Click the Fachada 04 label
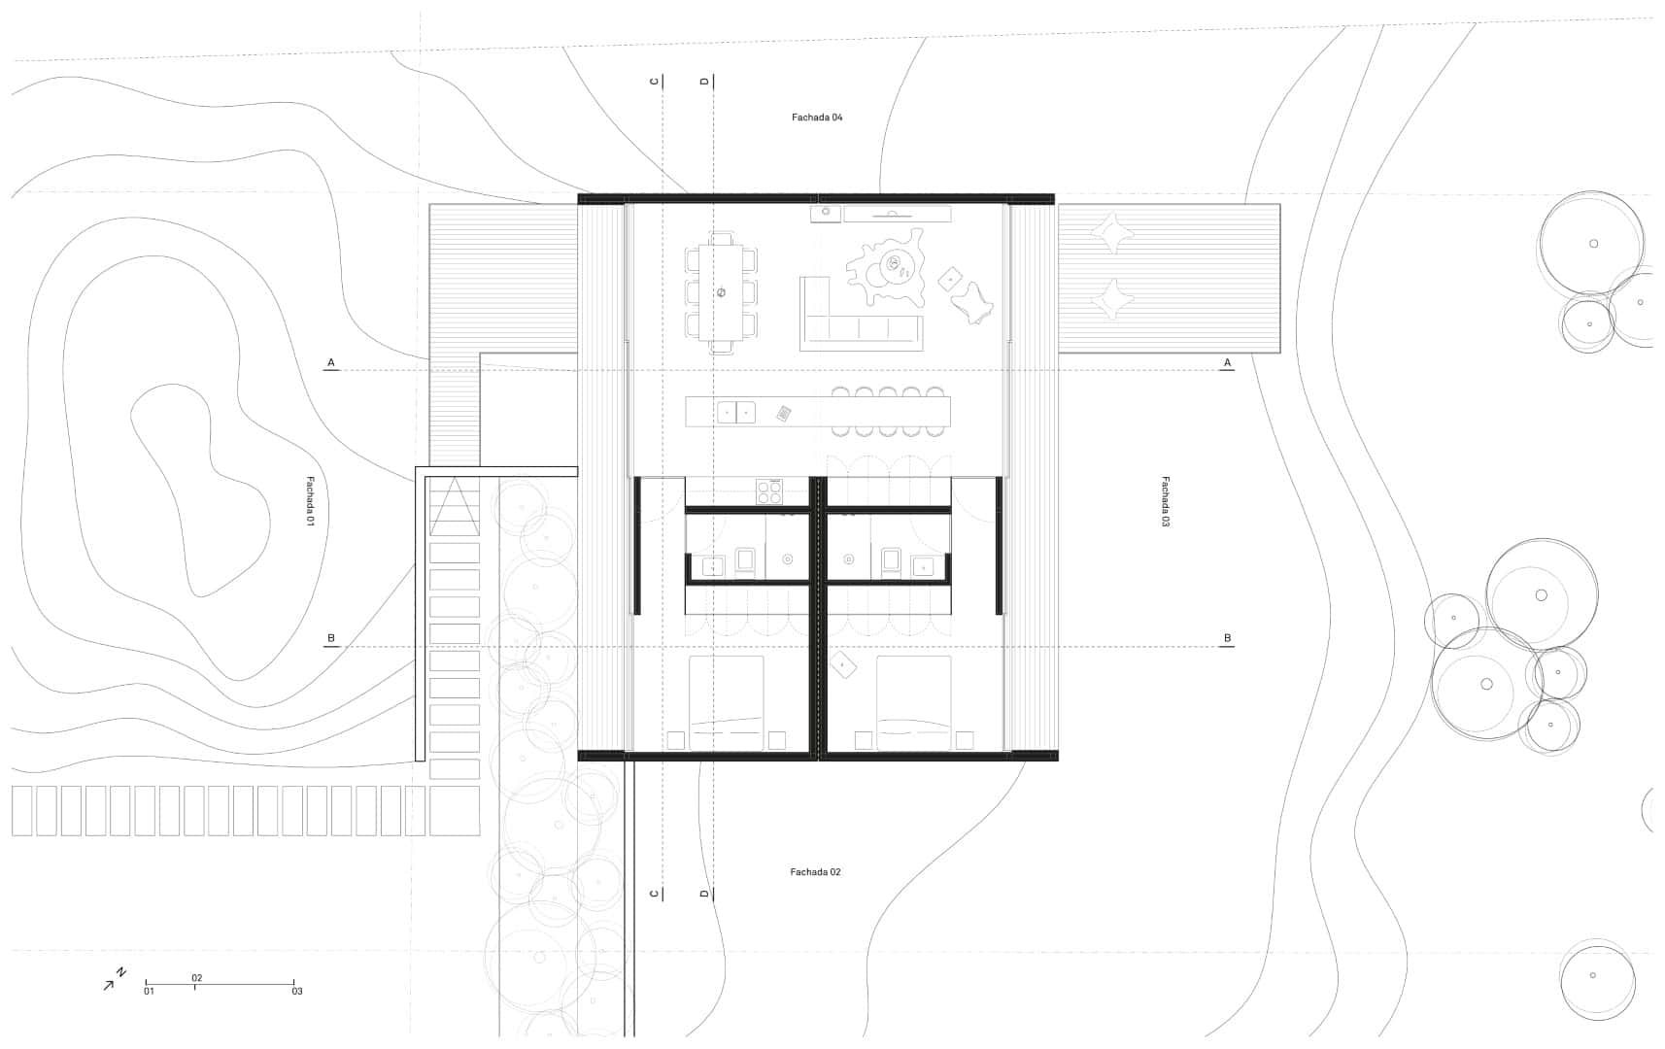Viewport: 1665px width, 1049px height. click(x=817, y=118)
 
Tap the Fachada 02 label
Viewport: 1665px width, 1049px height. click(x=815, y=872)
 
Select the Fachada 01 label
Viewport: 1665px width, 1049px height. click(x=311, y=502)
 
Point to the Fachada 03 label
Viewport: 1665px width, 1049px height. click(x=1166, y=502)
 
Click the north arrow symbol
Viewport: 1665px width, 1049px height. click(x=114, y=979)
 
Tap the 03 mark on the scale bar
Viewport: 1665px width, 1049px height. click(x=296, y=991)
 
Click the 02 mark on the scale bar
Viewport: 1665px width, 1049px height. click(x=197, y=978)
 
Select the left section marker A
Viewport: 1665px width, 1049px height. click(x=331, y=363)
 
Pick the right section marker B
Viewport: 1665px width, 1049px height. click(x=1227, y=638)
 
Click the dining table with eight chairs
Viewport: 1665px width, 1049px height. click(x=721, y=292)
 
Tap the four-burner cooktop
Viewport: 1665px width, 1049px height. click(x=769, y=492)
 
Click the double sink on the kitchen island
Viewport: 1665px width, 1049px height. click(x=736, y=413)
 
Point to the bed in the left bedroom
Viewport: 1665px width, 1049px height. click(x=727, y=702)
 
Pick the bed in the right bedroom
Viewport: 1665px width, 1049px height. click(x=913, y=702)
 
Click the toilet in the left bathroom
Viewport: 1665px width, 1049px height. click(x=745, y=560)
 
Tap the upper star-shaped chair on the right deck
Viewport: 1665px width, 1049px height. click(x=1112, y=233)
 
